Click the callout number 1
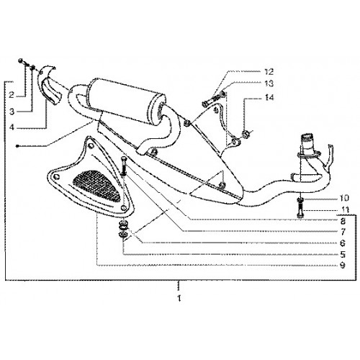[179, 298]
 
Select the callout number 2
[12, 95]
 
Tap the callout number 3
[12, 112]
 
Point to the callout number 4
[12, 127]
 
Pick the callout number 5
[343, 254]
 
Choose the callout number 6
[343, 243]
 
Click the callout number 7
[343, 232]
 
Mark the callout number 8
[343, 221]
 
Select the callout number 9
[343, 266]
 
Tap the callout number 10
[344, 198]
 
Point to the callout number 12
[269, 71]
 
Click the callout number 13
[269, 84]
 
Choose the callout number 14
[269, 97]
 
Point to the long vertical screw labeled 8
[124, 166]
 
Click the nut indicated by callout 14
[246, 134]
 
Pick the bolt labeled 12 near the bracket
[211, 101]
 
